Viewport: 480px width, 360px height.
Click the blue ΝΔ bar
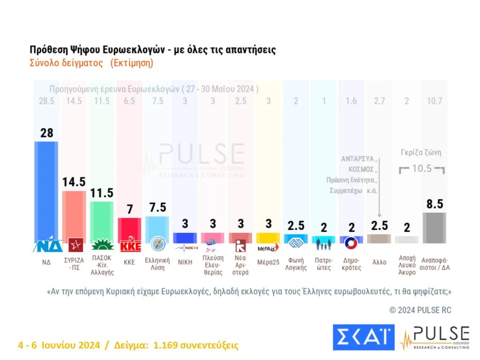click(x=46, y=187)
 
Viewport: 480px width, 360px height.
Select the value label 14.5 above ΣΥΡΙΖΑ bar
click(x=74, y=182)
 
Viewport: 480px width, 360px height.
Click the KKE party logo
click(x=129, y=245)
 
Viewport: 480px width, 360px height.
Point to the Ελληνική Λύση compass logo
click(x=157, y=244)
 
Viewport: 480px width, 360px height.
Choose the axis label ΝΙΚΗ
click(x=185, y=262)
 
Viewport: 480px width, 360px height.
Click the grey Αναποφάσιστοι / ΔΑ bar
click(x=434, y=227)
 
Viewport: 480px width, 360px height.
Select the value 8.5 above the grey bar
click(x=434, y=204)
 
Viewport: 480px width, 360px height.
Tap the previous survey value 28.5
click(x=46, y=101)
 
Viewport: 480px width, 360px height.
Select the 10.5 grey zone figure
click(x=422, y=168)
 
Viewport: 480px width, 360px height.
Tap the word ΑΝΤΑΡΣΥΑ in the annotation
click(x=358, y=159)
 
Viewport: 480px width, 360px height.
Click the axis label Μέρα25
click(x=269, y=262)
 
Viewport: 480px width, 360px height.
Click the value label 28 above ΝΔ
click(x=46, y=133)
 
